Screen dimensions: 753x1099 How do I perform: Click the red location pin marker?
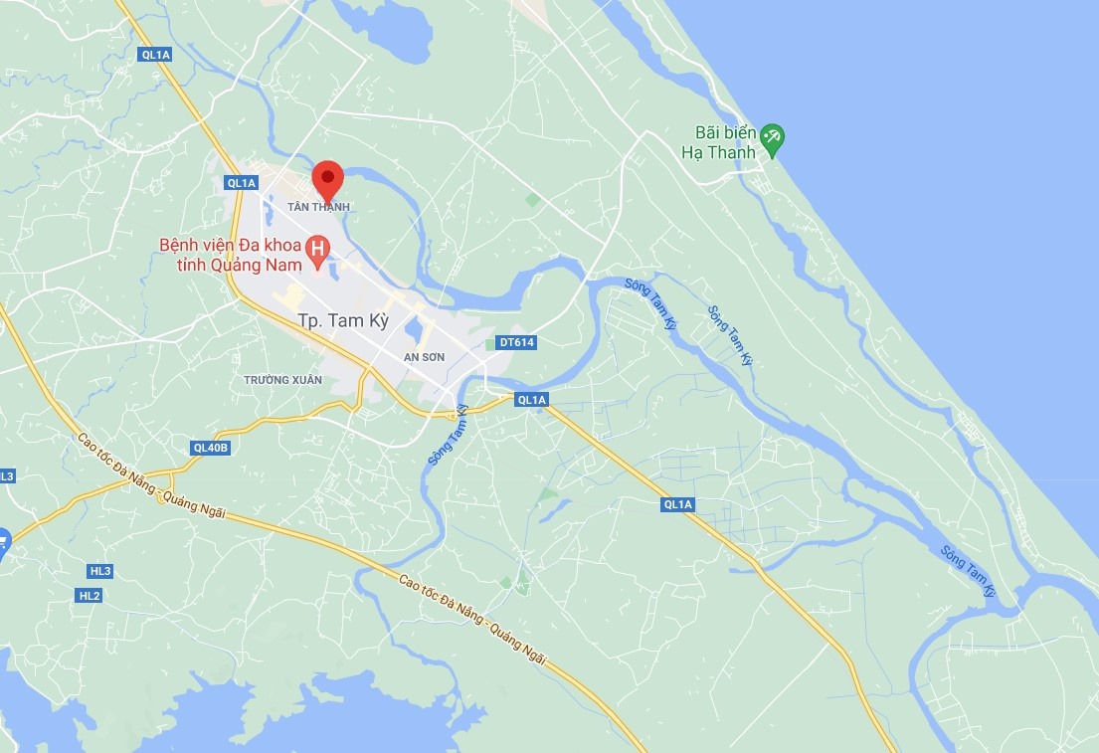pyautogui.click(x=327, y=179)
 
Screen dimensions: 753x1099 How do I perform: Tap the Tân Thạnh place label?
pyautogui.click(x=318, y=207)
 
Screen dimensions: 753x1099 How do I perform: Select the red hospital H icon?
pyautogui.click(x=318, y=246)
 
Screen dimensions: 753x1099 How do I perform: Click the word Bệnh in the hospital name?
pyautogui.click(x=186, y=246)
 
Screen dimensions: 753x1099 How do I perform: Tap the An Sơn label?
pyautogui.click(x=425, y=357)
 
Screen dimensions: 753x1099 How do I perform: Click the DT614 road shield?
pyautogui.click(x=516, y=342)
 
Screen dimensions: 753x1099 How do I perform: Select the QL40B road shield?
pyautogui.click(x=211, y=448)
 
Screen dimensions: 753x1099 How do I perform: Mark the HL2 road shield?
pyautogui.click(x=90, y=595)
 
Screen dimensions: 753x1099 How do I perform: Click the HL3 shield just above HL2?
pyautogui.click(x=99, y=571)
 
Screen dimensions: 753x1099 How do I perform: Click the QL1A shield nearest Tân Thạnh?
pyautogui.click(x=242, y=182)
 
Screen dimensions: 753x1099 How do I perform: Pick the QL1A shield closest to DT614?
pyautogui.click(x=532, y=400)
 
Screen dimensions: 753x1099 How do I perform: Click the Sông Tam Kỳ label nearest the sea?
pyautogui.click(x=969, y=570)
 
